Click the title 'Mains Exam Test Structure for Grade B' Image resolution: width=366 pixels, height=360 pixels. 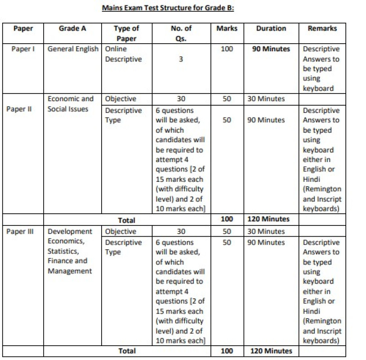[168, 8]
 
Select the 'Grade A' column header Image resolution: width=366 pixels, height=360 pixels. [72, 28]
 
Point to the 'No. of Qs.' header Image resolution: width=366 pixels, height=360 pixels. [181, 33]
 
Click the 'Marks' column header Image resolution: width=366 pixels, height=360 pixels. [227, 28]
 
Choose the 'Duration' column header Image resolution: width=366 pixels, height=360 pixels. [271, 28]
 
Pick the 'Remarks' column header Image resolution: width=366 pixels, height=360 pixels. [322, 28]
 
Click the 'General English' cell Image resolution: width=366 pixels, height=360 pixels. [73, 49]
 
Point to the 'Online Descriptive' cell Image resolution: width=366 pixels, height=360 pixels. [123, 54]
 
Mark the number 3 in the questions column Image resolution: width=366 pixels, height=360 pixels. [181, 59]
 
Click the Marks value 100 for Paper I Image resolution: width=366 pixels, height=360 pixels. [227, 49]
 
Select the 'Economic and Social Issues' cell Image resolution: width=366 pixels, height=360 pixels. [71, 103]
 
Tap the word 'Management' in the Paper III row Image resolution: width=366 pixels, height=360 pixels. [70, 271]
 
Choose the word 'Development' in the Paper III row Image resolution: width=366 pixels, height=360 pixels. [70, 231]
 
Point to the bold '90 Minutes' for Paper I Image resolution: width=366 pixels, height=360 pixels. [271, 49]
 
